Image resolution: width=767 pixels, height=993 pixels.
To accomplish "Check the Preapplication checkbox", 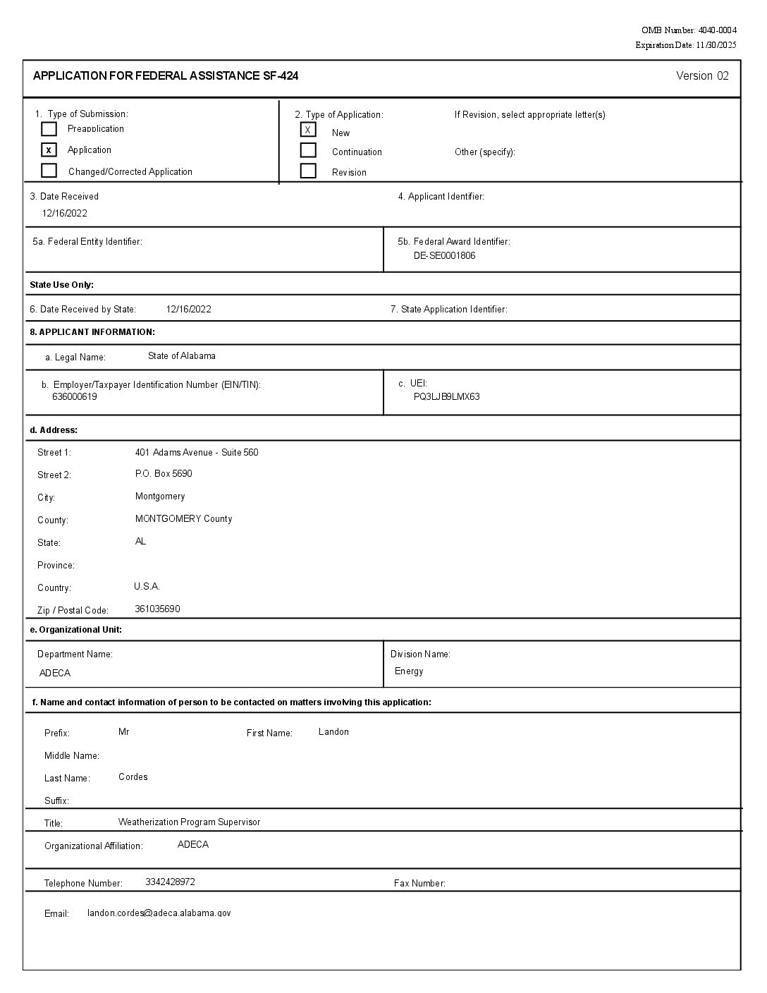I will [x=49, y=129].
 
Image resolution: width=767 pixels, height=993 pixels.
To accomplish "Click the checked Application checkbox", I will [x=49, y=150].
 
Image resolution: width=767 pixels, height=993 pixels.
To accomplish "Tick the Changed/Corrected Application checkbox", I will [x=49, y=171].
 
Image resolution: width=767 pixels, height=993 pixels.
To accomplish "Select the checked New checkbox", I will [x=308, y=130].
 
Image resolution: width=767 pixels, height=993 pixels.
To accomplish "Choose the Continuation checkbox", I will [x=308, y=150].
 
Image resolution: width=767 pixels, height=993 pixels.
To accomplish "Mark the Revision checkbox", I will [x=308, y=171].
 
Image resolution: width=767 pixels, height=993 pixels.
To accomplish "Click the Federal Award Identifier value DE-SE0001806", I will [x=444, y=256].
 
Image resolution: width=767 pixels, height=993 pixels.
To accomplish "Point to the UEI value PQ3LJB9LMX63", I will [x=446, y=397].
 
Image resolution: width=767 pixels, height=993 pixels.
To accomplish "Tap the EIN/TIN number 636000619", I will [x=75, y=397].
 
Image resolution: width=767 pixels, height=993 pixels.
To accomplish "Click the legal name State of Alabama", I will [x=182, y=356].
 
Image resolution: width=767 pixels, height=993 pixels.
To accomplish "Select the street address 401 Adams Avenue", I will [x=197, y=453].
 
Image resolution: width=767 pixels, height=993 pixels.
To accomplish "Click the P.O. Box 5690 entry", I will [x=164, y=474].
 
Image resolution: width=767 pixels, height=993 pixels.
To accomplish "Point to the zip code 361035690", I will [x=157, y=609].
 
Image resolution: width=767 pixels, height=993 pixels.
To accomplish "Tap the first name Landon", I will [x=333, y=732].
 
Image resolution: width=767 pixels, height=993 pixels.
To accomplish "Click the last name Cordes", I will [x=133, y=777].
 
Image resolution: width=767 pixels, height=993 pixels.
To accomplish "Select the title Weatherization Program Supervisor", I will [x=189, y=822].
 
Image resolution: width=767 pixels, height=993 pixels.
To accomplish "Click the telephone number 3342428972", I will [x=170, y=882].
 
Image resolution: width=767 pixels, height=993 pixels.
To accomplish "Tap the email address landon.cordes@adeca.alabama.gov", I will [x=159, y=913].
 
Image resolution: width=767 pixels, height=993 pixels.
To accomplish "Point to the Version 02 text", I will [x=702, y=76].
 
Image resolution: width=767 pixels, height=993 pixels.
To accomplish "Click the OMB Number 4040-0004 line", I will [x=689, y=30].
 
